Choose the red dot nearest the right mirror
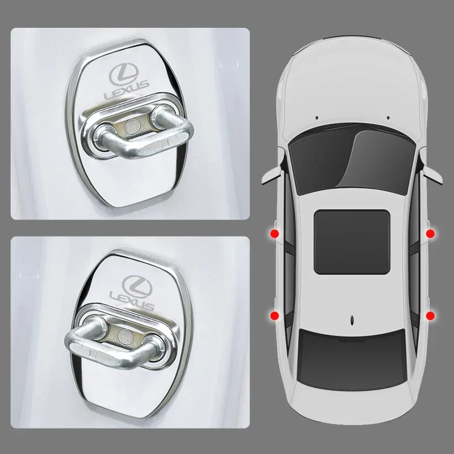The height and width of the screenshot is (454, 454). click(x=429, y=233)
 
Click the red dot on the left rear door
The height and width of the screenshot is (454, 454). click(x=275, y=315)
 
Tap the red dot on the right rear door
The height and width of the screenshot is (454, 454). click(x=429, y=314)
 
